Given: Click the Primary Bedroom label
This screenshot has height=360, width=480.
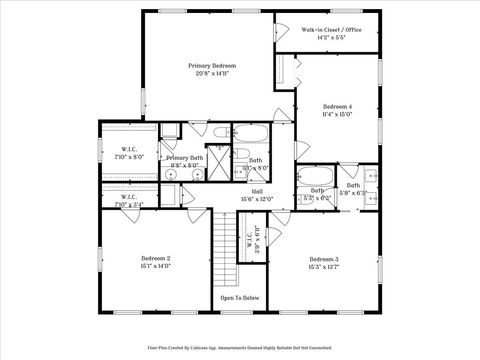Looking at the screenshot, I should click(x=211, y=65).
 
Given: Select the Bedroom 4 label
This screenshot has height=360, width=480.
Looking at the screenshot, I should click(x=337, y=106).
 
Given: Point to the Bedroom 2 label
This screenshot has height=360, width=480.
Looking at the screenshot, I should click(x=155, y=258).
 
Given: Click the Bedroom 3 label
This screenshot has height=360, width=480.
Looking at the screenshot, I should click(x=323, y=259).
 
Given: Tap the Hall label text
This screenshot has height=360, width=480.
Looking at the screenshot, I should click(x=257, y=191).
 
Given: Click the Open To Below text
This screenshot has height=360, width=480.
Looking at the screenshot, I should click(x=240, y=297).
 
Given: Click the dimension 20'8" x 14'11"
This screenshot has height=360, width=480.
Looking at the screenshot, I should click(x=211, y=73).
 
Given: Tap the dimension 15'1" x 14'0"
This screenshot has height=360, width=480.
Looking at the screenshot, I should click(x=155, y=266).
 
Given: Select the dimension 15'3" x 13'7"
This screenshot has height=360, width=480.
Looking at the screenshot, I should click(x=323, y=267).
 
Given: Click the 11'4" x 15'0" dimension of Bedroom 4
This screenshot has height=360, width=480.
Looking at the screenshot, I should click(x=337, y=114).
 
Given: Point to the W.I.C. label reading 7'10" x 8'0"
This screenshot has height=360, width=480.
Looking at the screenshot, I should click(x=131, y=153).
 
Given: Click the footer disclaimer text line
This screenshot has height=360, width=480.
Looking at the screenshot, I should click(x=240, y=347).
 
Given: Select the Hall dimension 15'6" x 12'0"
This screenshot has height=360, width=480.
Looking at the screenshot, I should click(x=257, y=199).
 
